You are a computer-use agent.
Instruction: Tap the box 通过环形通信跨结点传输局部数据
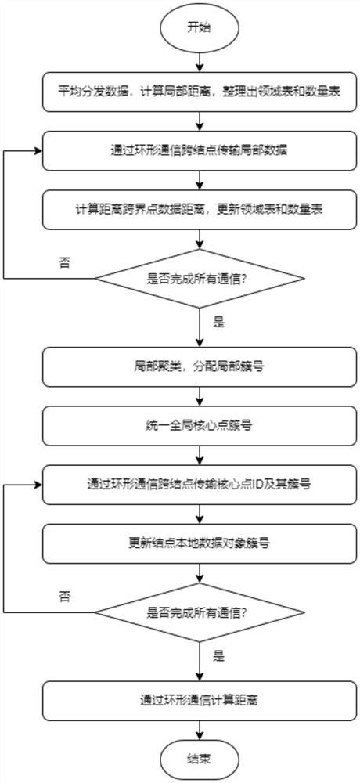(x=200, y=151)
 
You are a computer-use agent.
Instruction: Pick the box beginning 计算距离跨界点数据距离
(x=200, y=209)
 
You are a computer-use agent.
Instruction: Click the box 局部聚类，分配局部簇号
(x=200, y=366)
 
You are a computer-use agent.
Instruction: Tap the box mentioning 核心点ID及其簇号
(x=200, y=485)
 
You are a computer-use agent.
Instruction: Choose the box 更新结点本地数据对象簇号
(x=200, y=542)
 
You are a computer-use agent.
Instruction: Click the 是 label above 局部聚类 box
(x=218, y=320)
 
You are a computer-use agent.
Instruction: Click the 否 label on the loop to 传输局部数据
(x=64, y=262)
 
